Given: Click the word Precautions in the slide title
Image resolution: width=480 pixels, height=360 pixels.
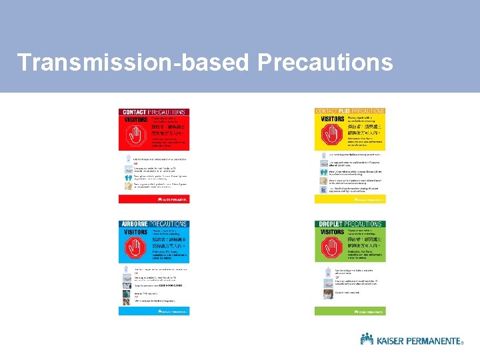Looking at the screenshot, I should [325, 63].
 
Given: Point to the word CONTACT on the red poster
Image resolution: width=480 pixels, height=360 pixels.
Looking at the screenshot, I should [133, 112].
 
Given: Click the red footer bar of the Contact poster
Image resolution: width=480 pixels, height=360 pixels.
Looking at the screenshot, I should [154, 199].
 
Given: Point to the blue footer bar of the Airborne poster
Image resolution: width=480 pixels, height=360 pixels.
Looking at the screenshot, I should [154, 311].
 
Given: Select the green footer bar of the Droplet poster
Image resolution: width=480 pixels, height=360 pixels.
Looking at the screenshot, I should [350, 311].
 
